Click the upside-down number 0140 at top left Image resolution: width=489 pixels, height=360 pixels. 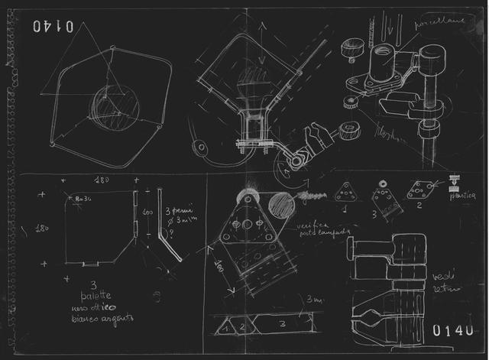(x=53, y=27)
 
